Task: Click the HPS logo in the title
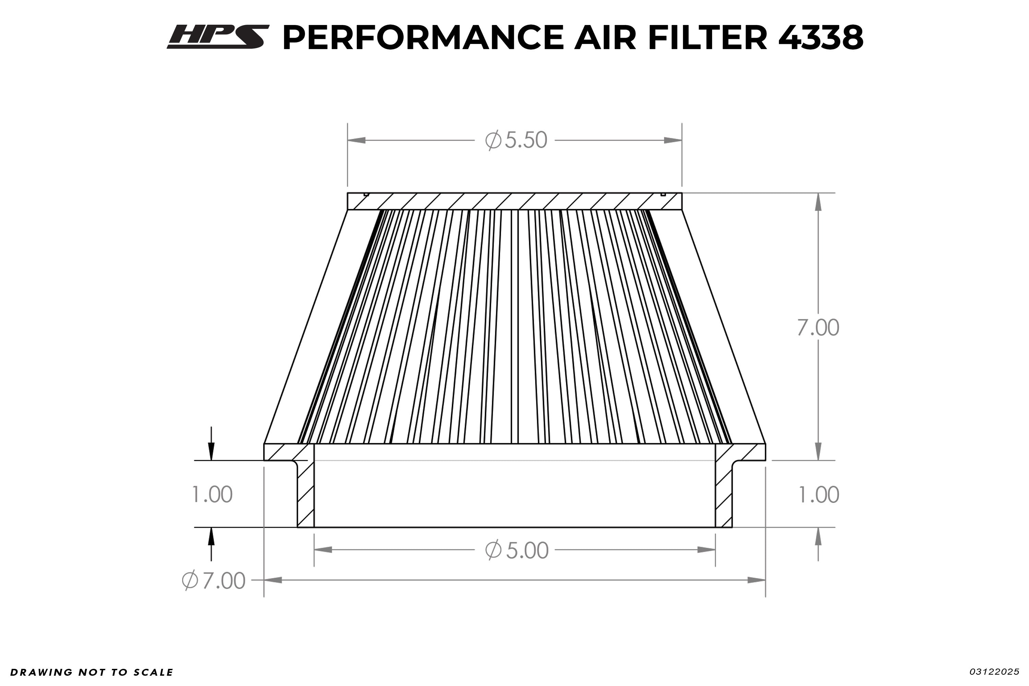pos(217,37)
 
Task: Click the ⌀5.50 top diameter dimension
pos(516,140)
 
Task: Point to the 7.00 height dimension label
pos(817,328)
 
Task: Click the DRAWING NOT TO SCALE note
pos(92,672)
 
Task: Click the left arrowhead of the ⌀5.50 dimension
pos(357,140)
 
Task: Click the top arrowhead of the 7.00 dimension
pos(818,202)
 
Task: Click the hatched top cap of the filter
pos(514,201)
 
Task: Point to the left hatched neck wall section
pos(305,494)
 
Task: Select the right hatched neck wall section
pos(724,494)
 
